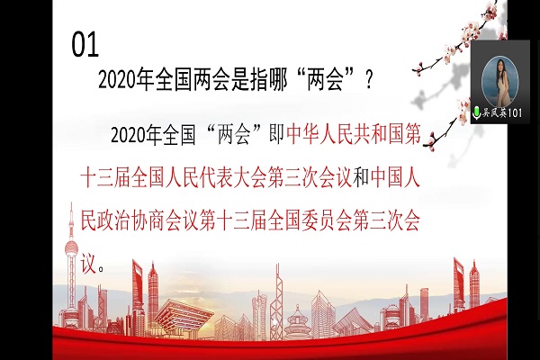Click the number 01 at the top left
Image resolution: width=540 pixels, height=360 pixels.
(x=85, y=45)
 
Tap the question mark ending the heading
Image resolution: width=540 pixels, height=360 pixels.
(x=368, y=80)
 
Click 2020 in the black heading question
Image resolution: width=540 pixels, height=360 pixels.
(x=117, y=80)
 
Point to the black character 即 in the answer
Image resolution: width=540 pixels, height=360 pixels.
(x=276, y=134)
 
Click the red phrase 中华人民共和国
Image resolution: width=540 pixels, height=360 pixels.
(x=345, y=134)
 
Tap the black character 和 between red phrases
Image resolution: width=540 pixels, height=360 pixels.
(x=362, y=178)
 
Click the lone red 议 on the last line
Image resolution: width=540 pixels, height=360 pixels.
(x=88, y=265)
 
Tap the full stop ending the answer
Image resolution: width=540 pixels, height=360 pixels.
(x=101, y=269)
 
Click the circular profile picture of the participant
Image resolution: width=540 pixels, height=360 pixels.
(x=499, y=82)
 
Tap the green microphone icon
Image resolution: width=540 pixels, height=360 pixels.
(x=476, y=112)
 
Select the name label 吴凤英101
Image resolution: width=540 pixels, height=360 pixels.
(x=502, y=112)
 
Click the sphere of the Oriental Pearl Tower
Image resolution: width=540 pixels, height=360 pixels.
(x=72, y=248)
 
